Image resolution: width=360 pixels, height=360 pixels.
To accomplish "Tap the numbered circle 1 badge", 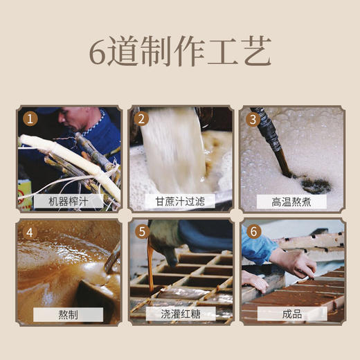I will tap(29, 118).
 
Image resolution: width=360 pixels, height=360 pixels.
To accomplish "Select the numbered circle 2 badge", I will tap(142, 118).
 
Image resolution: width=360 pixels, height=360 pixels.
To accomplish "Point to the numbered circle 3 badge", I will tap(253, 118).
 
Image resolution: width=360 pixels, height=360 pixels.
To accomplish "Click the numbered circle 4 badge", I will tap(29, 232).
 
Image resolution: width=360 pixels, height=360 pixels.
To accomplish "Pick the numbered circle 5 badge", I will tap(142, 232).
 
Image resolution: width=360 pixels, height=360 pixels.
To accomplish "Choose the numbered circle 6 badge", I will tap(253, 232).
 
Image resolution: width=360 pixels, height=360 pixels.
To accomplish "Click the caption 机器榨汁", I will tap(68, 201).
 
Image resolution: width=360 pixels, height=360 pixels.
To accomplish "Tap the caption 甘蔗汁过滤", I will tap(180, 201).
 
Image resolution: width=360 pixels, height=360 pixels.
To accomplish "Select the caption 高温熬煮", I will tap(291, 201).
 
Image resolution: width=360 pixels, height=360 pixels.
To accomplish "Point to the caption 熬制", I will tap(68, 314).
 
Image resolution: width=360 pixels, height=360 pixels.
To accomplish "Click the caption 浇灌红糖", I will tap(180, 314).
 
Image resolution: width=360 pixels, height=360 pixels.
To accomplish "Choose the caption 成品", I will tap(291, 314).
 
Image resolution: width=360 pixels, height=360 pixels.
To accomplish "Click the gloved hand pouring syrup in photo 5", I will tap(163, 239).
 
